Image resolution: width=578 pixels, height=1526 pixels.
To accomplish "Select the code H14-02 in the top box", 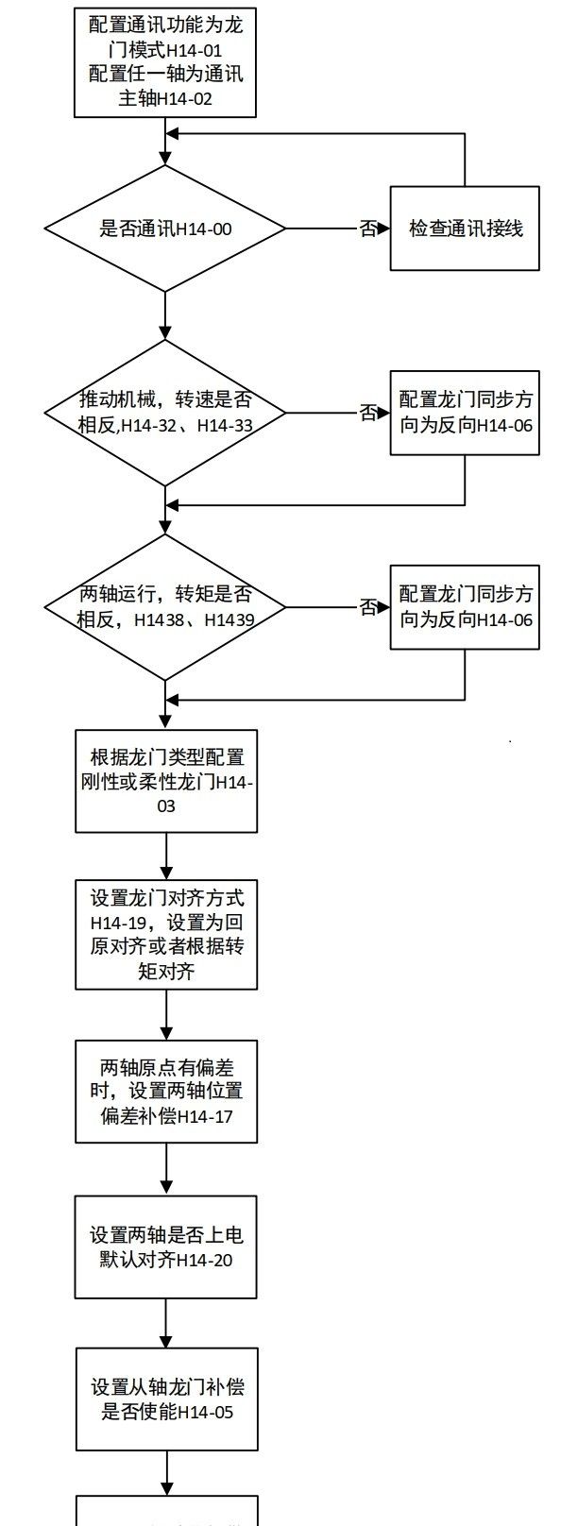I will click(185, 98).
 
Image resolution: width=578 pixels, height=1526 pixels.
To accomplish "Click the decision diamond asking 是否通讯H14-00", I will click(165, 229).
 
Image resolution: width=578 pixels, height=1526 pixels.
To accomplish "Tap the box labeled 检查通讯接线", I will click(465, 229).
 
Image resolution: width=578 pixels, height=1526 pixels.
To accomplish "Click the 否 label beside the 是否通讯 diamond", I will click(368, 229).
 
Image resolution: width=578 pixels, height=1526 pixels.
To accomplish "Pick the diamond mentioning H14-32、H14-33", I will click(165, 413).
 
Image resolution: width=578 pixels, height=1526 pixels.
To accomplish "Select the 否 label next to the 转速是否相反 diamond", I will click(368, 413).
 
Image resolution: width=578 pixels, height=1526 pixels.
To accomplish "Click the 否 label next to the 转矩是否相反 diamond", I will click(368, 607).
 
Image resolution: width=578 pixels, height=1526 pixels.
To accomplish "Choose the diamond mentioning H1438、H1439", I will click(165, 607).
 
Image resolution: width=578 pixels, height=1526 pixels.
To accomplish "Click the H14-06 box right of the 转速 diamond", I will click(465, 413).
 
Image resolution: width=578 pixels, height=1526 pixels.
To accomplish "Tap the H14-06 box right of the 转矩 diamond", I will click(465, 607).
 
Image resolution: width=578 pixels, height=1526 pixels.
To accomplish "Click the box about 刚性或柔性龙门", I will click(166, 781).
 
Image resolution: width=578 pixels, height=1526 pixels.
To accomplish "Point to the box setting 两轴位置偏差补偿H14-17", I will click(166, 1092).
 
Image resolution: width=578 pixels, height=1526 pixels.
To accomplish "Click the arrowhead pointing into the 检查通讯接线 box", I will click(384, 229).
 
